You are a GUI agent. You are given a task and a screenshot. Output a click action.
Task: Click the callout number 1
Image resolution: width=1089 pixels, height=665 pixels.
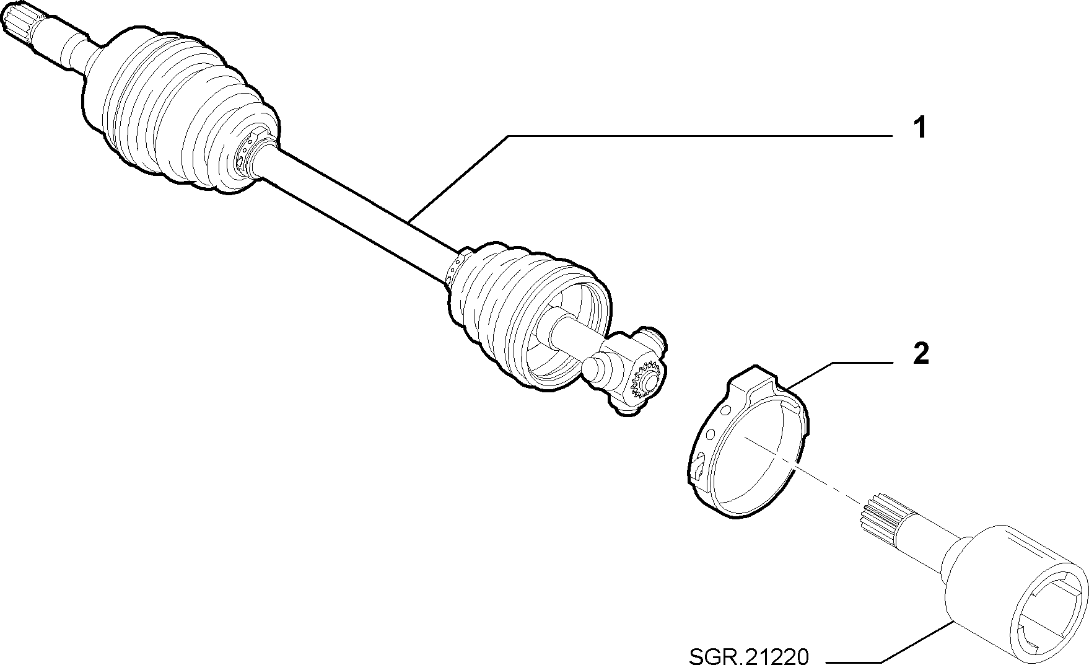pos(920,128)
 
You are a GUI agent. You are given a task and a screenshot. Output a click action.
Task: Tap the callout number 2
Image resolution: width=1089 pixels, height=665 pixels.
pos(921,354)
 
